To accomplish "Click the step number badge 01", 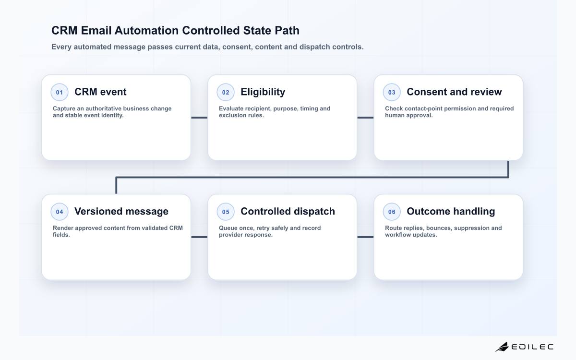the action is coord(60,92).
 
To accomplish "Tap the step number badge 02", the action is coord(226,92).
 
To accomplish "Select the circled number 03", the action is coord(392,92).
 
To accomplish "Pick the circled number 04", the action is coord(60,212).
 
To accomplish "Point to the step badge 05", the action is coord(226,212).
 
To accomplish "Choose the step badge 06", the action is coord(392,212).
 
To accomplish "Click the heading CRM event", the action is coord(100,92).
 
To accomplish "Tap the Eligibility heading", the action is coord(263,92).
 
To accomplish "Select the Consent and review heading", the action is coord(454,92).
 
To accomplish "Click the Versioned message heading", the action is coord(121,211).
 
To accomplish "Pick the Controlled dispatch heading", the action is coord(288,211).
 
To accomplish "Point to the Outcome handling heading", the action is coord(451,211).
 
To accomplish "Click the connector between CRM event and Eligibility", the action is coord(199,118).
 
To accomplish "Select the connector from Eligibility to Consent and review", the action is coord(365,118).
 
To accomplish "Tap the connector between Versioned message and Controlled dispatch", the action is coord(199,237).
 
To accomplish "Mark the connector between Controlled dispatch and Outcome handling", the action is coord(365,237).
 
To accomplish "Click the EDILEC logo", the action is coord(524,347).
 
